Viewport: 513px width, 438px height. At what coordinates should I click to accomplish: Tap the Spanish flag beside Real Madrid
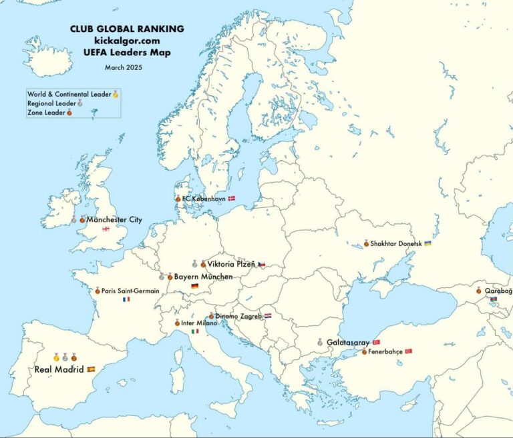pyautogui.click(x=92, y=369)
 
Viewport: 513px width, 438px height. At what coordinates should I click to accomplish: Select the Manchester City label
pyautogui.click(x=114, y=219)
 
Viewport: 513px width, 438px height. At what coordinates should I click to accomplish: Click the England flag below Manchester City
pyautogui.click(x=106, y=230)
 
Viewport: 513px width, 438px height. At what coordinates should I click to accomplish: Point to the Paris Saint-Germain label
pyautogui.click(x=130, y=291)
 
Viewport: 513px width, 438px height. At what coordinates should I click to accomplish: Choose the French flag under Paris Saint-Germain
pyautogui.click(x=126, y=300)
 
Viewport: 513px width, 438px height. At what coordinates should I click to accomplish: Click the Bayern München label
pyautogui.click(x=203, y=276)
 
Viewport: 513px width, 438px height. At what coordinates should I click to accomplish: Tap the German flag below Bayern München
pyautogui.click(x=194, y=287)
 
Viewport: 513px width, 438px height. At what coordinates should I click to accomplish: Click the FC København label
pyautogui.click(x=203, y=199)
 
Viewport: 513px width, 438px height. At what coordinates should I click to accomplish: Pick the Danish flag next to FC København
pyautogui.click(x=232, y=199)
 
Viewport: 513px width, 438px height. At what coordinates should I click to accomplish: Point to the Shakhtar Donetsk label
pyautogui.click(x=396, y=244)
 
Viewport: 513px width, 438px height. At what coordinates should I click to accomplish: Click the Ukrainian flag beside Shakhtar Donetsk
pyautogui.click(x=427, y=244)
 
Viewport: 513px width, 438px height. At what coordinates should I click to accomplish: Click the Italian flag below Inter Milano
pyautogui.click(x=195, y=332)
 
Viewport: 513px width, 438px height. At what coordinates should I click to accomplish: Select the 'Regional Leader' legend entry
pyautogui.click(x=51, y=103)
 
